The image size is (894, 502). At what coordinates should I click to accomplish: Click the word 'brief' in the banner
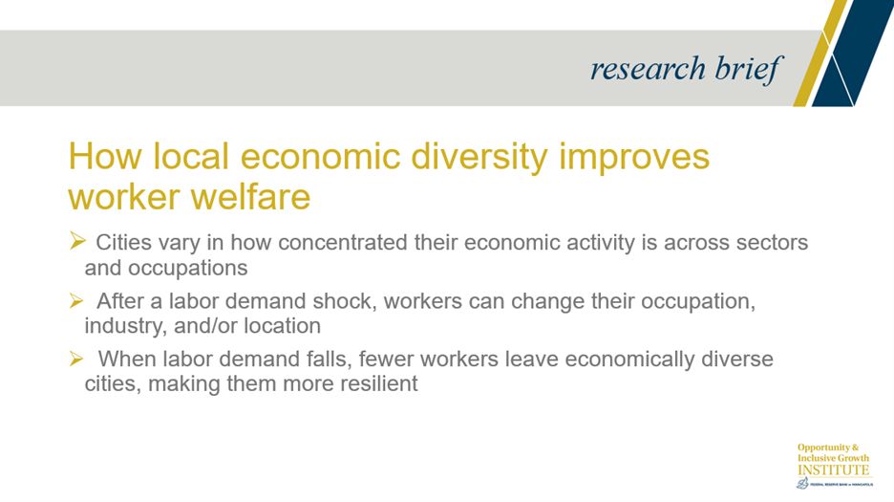coord(748,69)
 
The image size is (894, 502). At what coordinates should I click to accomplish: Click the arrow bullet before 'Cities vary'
coord(78,242)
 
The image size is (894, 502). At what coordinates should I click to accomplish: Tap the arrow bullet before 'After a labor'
coord(78,301)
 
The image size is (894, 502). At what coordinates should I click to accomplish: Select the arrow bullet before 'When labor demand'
coord(78,360)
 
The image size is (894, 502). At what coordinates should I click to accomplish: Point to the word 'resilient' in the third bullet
coord(369,385)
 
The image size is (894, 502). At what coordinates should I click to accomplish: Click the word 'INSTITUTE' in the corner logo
coord(834,469)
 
